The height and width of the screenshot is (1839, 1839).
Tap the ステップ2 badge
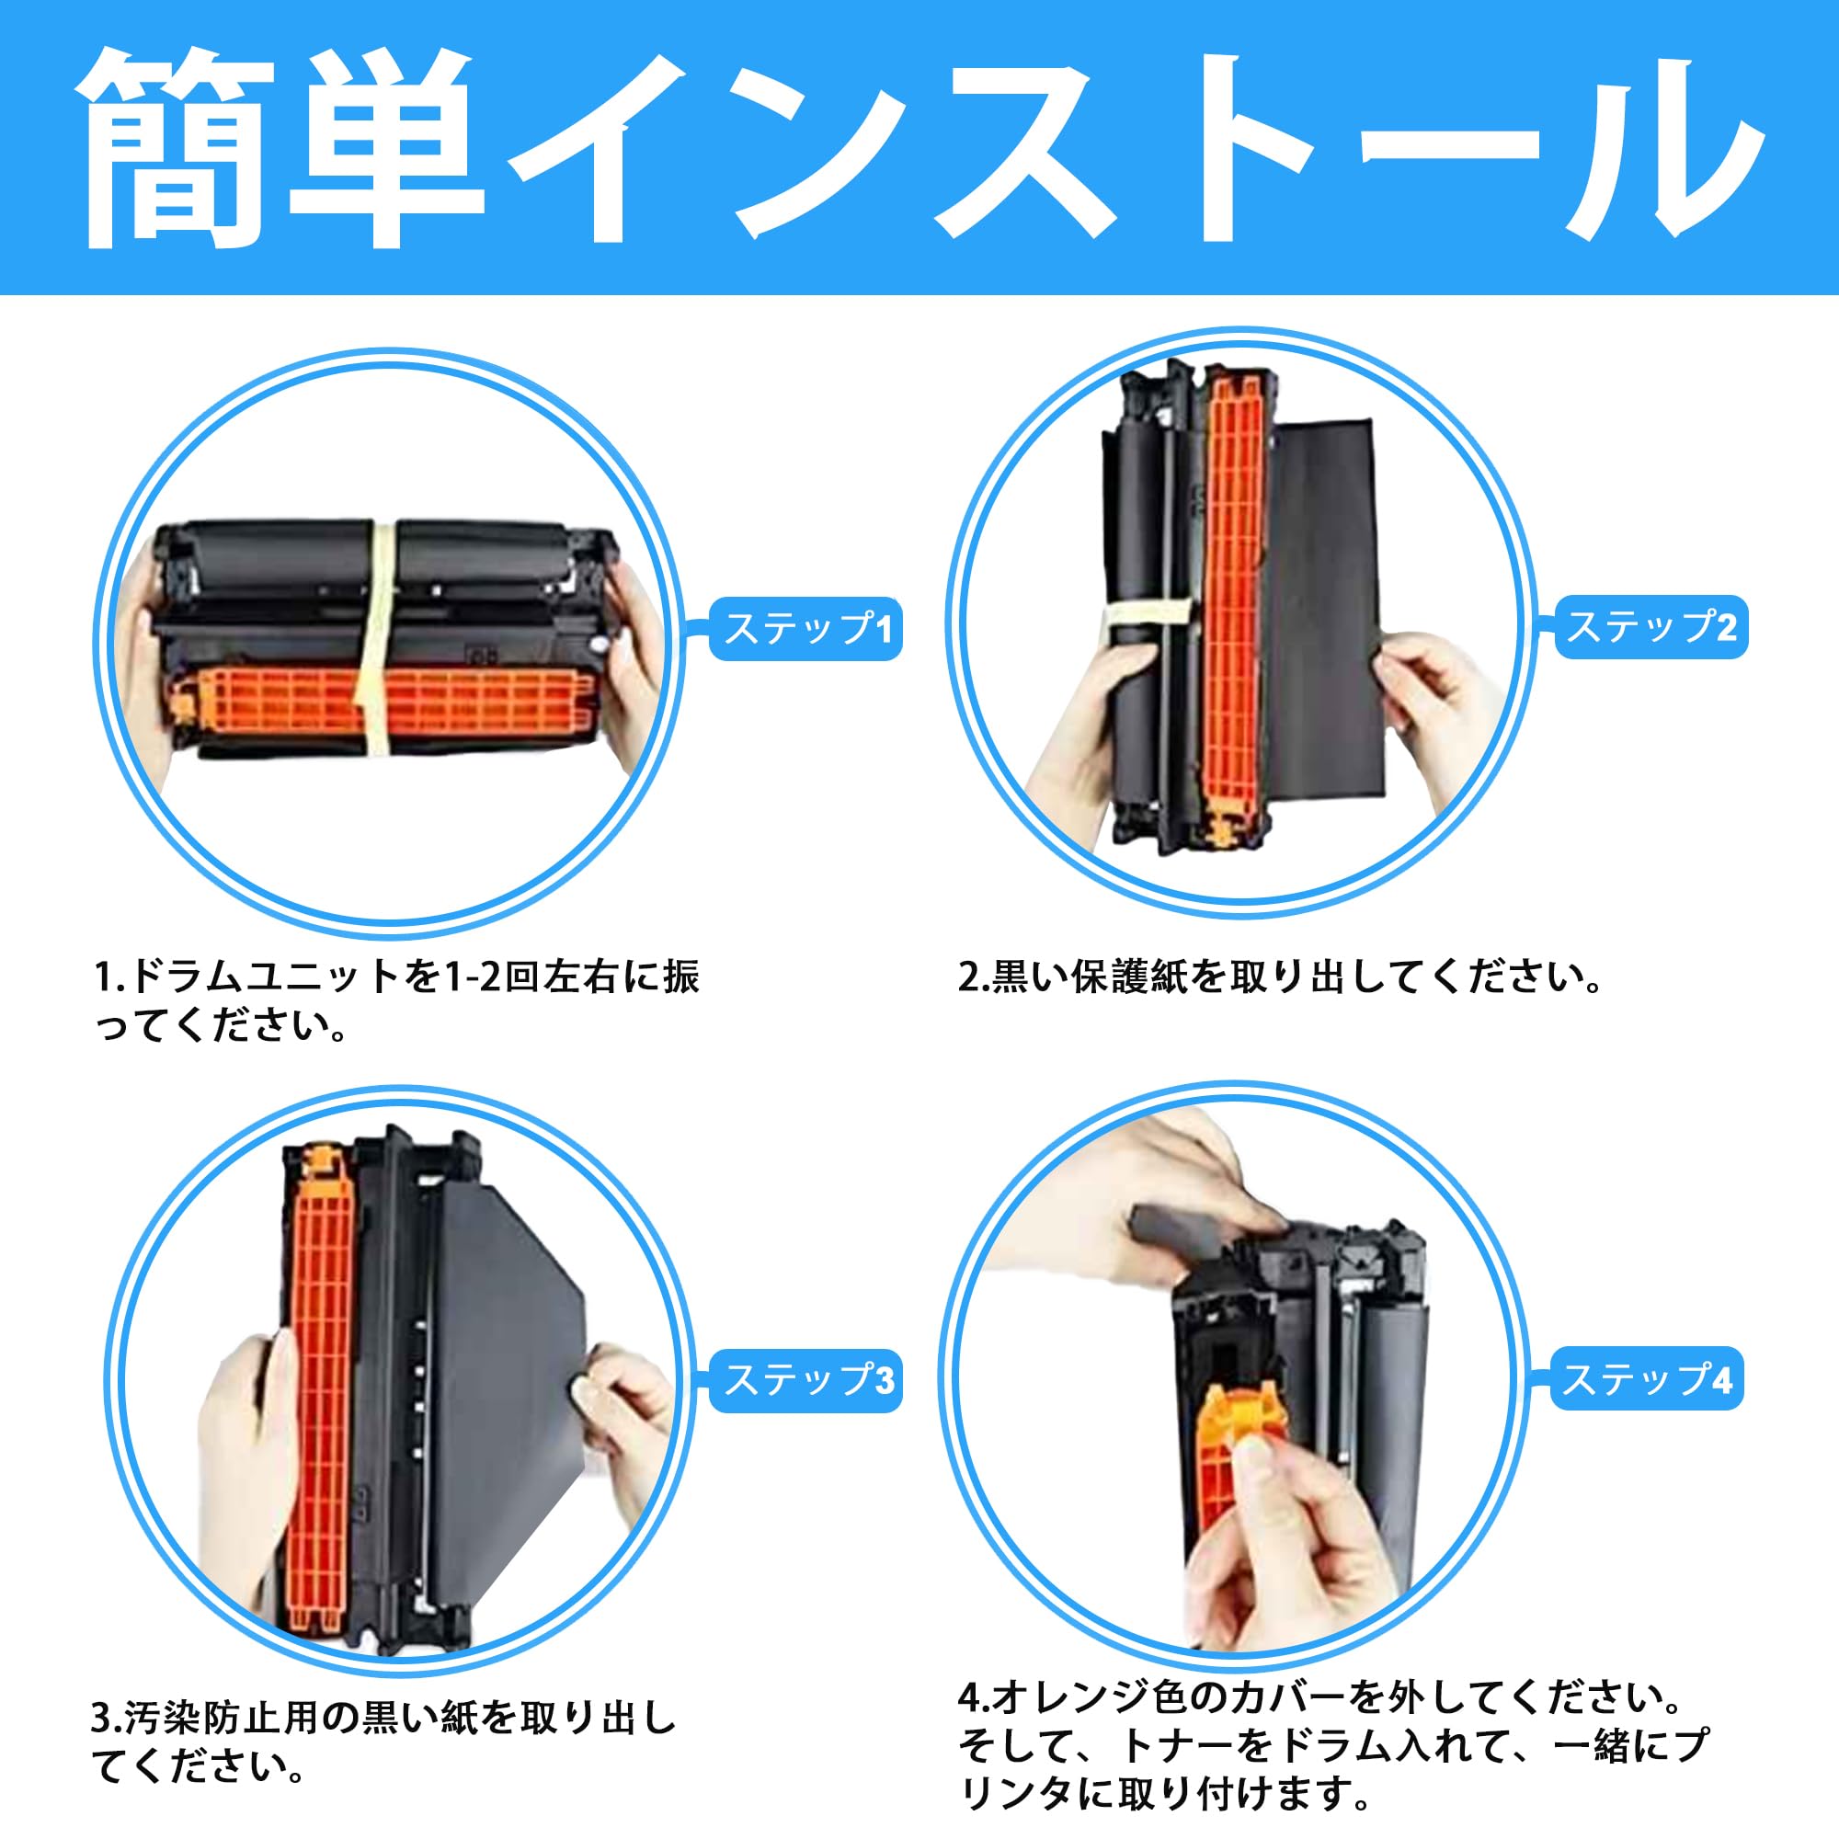coord(1651,627)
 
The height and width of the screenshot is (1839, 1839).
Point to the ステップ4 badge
coord(1647,1378)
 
